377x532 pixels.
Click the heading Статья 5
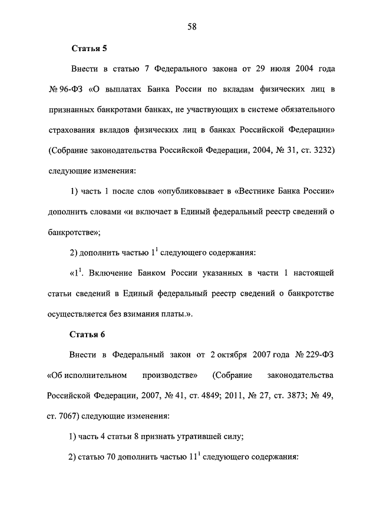coord(88,48)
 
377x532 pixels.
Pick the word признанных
coord(74,110)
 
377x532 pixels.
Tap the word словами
coord(105,212)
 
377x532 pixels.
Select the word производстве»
coord(170,375)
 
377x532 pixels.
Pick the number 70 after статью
coord(110,457)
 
